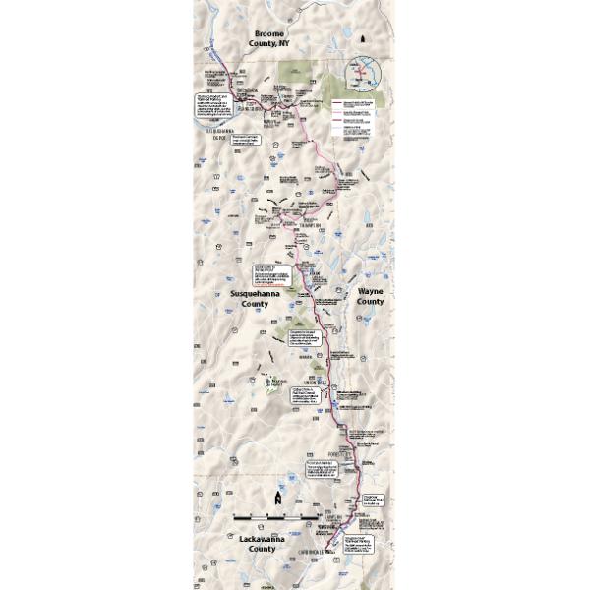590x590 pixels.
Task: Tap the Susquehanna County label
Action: [x=254, y=299]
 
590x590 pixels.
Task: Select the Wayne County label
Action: [x=370, y=297]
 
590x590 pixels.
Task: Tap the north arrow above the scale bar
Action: [x=279, y=499]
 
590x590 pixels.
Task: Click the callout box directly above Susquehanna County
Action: [x=272, y=274]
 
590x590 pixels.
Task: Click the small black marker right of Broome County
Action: [x=364, y=39]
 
